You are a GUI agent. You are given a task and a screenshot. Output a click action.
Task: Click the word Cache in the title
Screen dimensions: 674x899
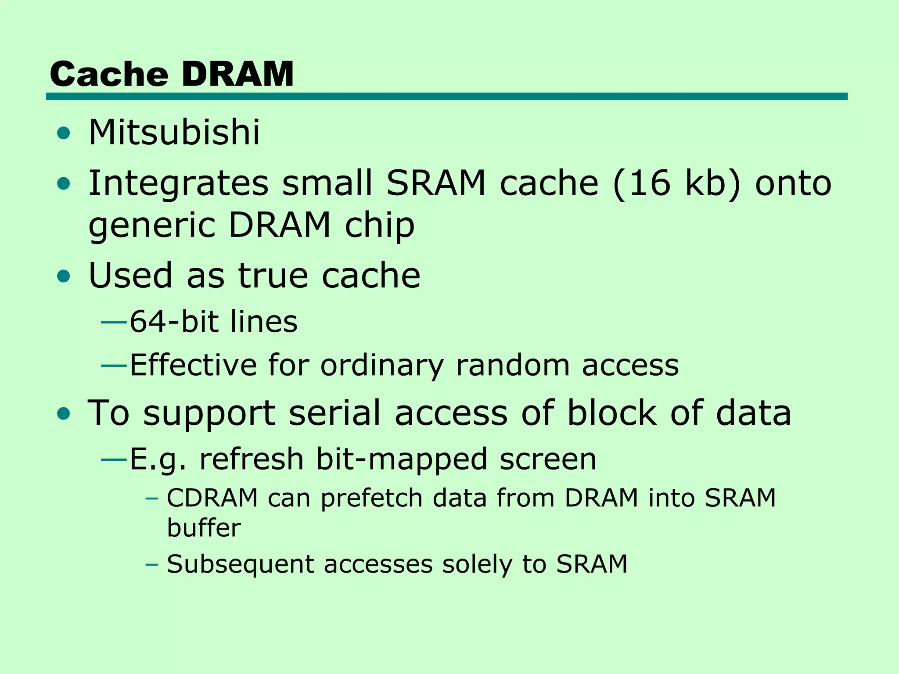[109, 74]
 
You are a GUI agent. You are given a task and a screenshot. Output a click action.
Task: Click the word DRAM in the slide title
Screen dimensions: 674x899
[237, 74]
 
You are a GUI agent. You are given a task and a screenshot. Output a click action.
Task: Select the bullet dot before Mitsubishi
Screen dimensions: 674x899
[64, 133]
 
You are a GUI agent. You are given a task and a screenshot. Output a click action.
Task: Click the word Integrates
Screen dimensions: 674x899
[178, 183]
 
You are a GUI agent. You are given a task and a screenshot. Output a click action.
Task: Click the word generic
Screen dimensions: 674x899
[151, 225]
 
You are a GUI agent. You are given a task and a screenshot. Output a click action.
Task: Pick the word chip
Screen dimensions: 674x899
[380, 225]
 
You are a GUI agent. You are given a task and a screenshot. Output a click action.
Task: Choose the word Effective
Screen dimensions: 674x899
[193, 365]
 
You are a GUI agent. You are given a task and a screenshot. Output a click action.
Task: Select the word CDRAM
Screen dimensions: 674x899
[212, 498]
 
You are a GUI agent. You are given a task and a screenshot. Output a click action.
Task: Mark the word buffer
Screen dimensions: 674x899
[204, 527]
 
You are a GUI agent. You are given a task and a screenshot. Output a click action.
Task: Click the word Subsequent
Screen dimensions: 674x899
[241, 564]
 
